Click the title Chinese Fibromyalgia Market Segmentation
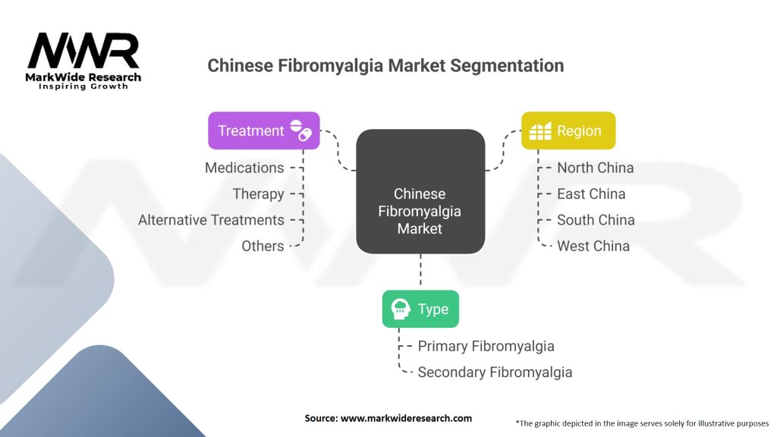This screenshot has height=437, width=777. pos(385,65)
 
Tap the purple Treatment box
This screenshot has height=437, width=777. pos(263,130)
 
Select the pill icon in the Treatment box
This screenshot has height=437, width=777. pos(301,130)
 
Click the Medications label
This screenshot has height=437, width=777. pos(244,168)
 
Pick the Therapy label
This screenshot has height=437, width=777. pos(258,193)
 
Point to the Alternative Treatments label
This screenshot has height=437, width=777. pos(211,220)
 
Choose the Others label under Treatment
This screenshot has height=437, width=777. pos(263,246)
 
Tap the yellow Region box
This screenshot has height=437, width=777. pos(568,130)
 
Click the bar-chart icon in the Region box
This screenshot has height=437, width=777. pos(540,130)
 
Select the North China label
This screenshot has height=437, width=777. pos(595,168)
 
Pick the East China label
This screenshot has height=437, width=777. pos(591,193)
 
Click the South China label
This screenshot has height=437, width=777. pos(596,220)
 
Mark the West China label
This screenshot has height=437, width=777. pos(593,246)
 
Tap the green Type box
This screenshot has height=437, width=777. pos(420,309)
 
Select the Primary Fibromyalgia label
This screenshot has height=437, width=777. pos(486,346)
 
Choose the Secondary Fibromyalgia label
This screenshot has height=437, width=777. pos(495,372)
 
